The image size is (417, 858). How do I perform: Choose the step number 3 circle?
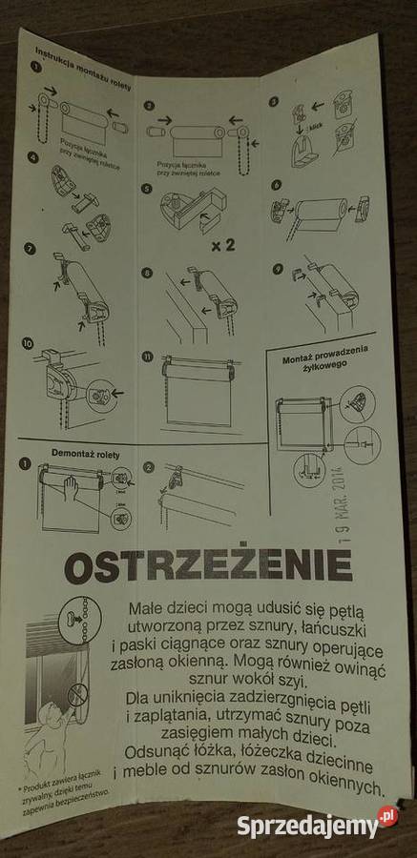(x=273, y=101)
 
